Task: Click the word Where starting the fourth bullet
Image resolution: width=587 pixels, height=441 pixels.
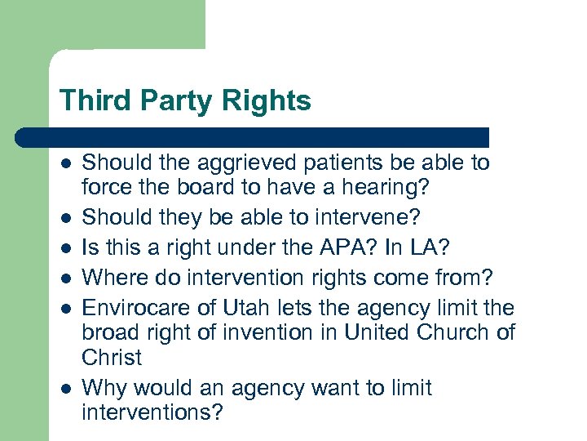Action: pyautogui.click(x=116, y=278)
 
